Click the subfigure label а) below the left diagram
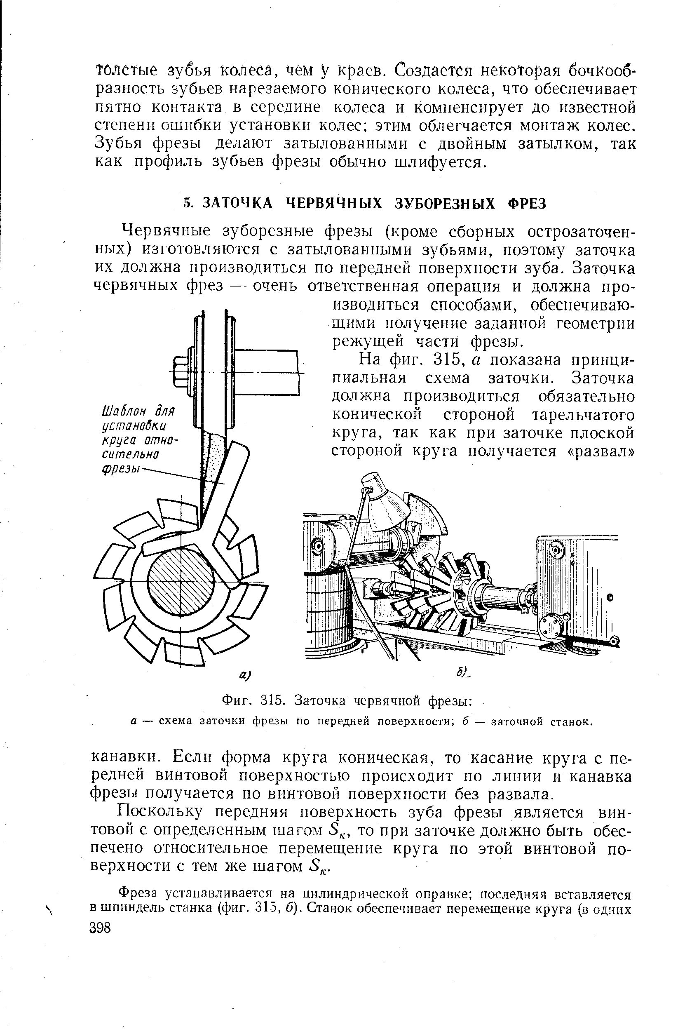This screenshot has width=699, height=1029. (245, 676)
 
